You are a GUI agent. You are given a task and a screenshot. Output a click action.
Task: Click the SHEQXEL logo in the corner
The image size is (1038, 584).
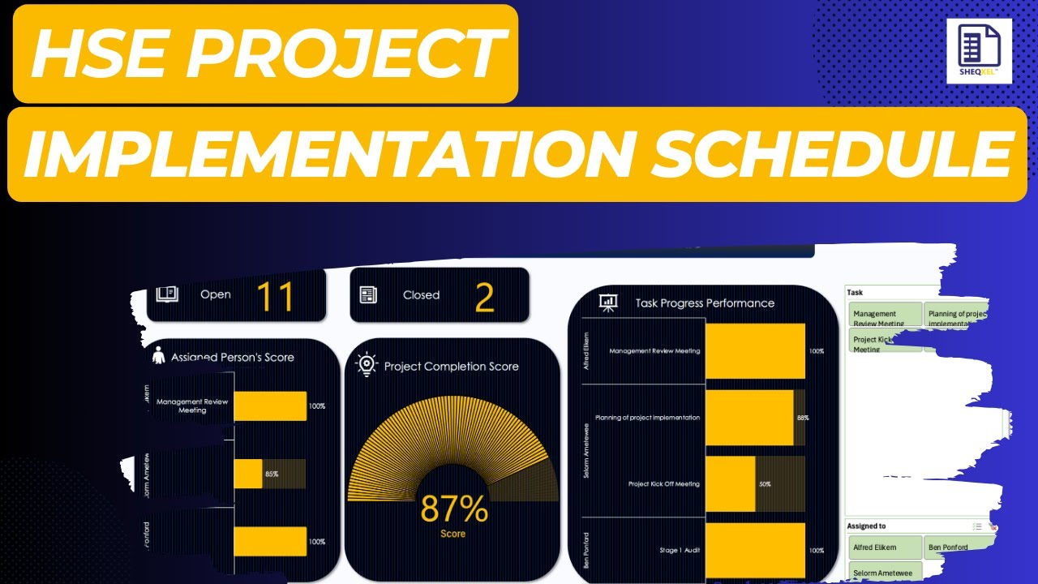coord(979,50)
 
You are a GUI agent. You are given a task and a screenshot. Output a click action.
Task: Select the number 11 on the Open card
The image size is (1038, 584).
coord(274,298)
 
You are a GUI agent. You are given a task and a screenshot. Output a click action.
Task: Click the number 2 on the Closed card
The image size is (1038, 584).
coord(484,298)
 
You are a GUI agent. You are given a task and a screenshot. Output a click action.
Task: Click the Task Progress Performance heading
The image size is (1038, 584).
coord(704,303)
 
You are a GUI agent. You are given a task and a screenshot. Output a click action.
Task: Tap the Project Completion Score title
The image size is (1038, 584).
coord(451,366)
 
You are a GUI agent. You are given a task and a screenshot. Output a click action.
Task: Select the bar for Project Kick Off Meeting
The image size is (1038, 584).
coord(730,484)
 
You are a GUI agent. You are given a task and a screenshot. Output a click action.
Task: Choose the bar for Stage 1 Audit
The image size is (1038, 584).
coord(754,551)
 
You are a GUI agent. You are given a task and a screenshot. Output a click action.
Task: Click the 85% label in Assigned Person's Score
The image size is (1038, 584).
coord(270,474)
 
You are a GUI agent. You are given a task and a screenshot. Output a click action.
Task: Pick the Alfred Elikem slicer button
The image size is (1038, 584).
coord(886,547)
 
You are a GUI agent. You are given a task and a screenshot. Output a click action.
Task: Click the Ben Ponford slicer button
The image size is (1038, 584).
coord(955,547)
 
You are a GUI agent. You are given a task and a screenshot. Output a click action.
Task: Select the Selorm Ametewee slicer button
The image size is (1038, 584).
coord(886,572)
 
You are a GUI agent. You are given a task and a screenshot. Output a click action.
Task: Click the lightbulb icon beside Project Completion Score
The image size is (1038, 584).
coord(367,365)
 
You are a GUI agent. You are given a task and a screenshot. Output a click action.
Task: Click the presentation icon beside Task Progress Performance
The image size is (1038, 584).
coord(607,303)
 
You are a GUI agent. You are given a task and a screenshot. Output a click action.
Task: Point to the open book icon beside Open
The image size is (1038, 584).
coord(167,294)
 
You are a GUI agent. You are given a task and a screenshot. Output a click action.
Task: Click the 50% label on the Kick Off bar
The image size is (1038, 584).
coord(765,484)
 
